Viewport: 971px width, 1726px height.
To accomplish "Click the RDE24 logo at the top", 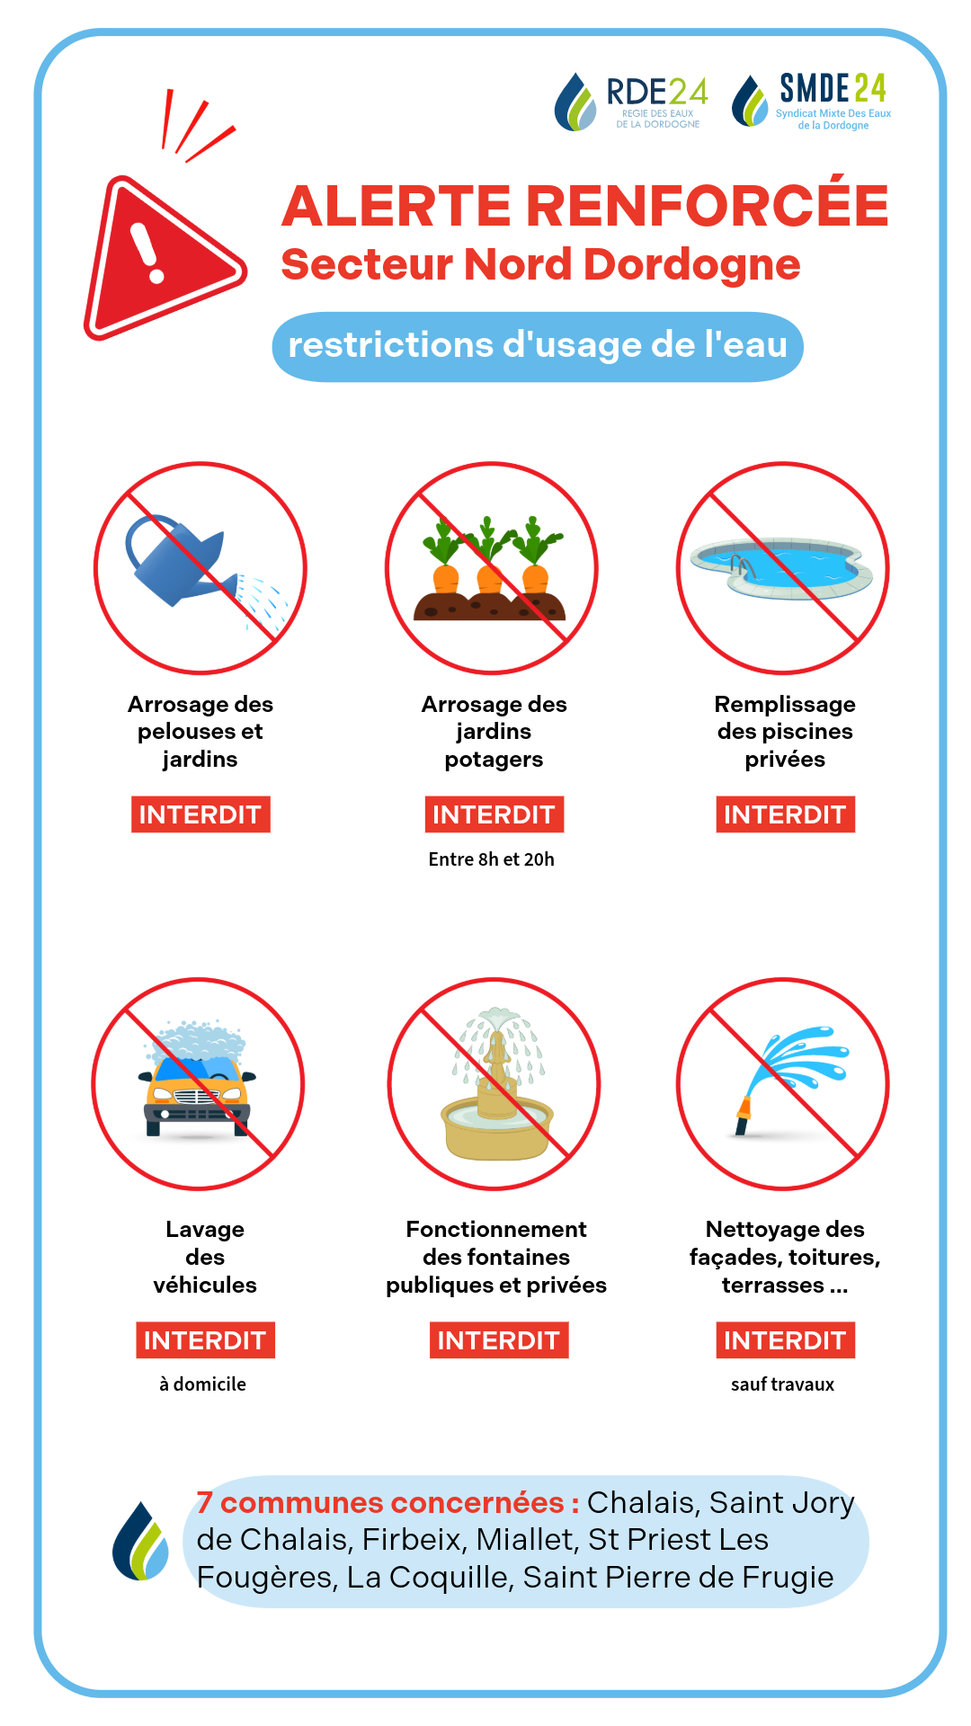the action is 631,102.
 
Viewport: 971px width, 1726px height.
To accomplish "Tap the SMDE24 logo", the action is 811,101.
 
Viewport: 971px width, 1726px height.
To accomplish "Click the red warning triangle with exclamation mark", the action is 162,259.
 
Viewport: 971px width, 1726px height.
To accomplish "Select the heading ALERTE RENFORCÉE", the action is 585,205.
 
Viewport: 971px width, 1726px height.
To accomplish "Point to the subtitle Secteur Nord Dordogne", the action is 540,264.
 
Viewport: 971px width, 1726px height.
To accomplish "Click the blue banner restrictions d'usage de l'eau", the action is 538,346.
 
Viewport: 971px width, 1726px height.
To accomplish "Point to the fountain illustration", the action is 496,1085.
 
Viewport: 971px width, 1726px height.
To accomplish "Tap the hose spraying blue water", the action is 791,1076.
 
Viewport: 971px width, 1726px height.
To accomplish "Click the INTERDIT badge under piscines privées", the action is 785,814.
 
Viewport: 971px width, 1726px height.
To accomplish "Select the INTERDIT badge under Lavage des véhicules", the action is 205,1340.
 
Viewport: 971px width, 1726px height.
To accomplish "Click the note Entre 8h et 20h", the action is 492,859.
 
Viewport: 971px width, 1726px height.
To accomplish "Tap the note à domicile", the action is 203,1384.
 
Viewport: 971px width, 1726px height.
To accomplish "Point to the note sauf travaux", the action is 783,1384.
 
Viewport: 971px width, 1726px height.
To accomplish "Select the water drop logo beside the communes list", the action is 141,1541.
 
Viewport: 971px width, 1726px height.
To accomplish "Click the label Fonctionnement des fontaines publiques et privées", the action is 496,1257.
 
